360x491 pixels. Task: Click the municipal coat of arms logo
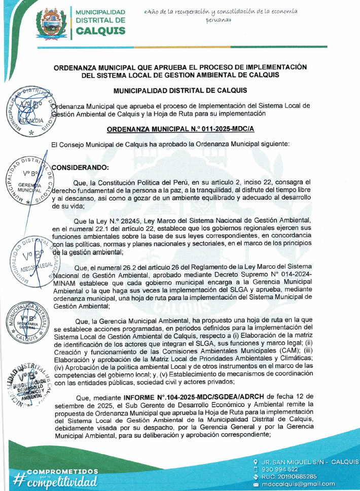click(x=51, y=22)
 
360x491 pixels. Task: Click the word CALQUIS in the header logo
click(x=100, y=31)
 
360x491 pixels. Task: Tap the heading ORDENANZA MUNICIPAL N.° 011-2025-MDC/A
click(x=181, y=130)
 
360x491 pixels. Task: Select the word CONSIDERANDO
click(x=81, y=167)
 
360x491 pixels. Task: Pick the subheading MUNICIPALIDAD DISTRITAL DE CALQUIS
click(x=181, y=91)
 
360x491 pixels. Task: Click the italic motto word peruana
click(x=219, y=20)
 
